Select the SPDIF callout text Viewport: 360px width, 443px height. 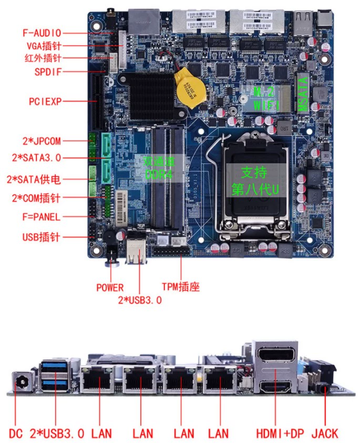(x=49, y=71)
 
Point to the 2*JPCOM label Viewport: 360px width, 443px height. (x=42, y=141)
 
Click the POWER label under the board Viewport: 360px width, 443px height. (x=110, y=287)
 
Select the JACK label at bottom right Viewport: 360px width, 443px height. (x=324, y=434)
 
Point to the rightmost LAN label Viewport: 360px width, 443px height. (x=218, y=434)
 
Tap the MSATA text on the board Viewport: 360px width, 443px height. (x=303, y=95)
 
